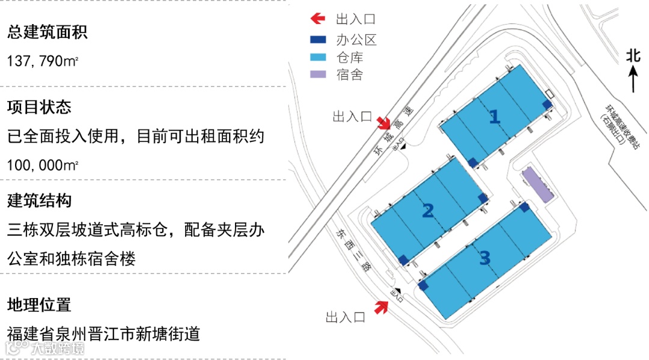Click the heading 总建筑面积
coord(47,32)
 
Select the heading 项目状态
coord(39,107)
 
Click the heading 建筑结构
coord(39,200)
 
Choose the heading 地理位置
coord(39,305)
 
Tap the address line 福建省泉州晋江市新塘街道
coord(103,334)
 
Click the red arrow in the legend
coord(317,19)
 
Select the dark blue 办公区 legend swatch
coord(317,40)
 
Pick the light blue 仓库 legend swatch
coord(317,58)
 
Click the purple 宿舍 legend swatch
coord(317,75)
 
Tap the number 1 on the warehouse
coord(494,117)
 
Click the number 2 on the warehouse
coord(428,211)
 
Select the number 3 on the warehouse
coord(484,258)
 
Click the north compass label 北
coord(633,55)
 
